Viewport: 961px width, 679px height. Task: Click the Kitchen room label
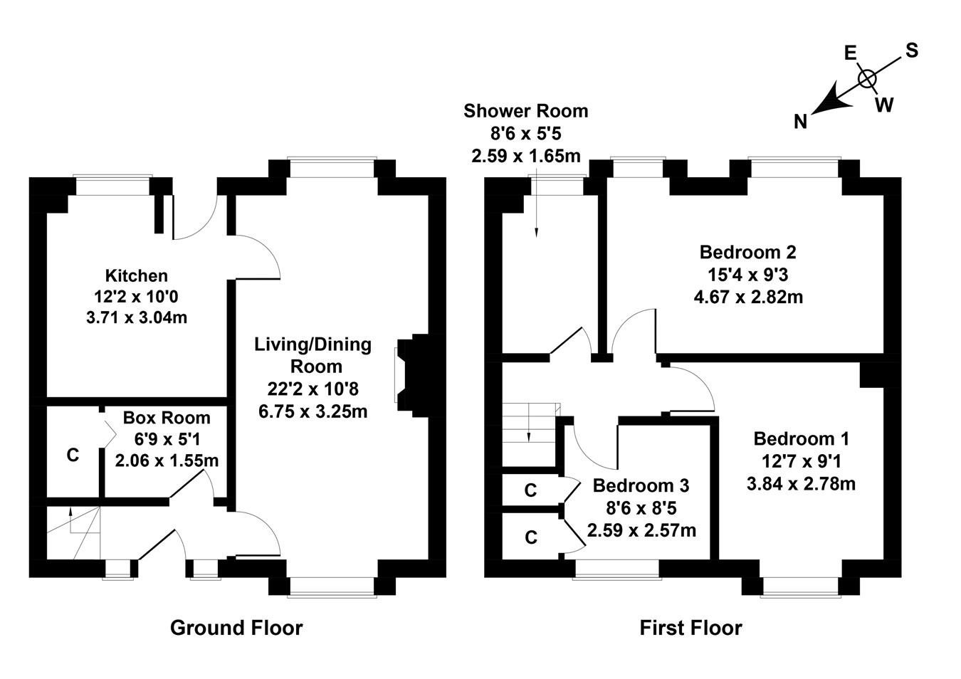click(x=136, y=275)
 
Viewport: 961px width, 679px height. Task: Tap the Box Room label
click(x=167, y=418)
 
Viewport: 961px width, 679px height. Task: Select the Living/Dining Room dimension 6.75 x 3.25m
click(x=313, y=411)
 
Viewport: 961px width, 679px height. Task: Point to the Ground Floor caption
click(x=236, y=628)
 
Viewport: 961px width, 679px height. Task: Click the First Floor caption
click(x=690, y=628)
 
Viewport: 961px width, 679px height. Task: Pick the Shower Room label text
click(x=525, y=111)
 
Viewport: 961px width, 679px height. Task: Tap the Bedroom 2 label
click(x=747, y=252)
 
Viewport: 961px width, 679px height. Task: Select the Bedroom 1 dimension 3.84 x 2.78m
click(x=801, y=484)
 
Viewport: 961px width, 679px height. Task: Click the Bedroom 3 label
click(x=641, y=485)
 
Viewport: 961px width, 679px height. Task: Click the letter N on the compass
click(x=801, y=122)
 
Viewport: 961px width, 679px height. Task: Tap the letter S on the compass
click(x=911, y=51)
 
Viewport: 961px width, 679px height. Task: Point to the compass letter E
click(x=849, y=53)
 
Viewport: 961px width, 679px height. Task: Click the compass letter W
click(x=883, y=105)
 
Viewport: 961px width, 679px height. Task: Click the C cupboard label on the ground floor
click(x=73, y=455)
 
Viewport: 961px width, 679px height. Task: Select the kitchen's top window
click(x=114, y=184)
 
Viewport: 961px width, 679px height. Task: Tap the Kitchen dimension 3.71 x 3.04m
click(x=136, y=317)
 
